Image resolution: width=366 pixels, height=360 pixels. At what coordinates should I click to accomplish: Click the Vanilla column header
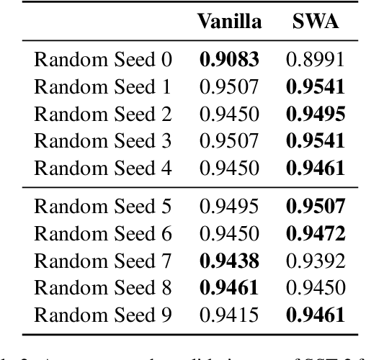[229, 22]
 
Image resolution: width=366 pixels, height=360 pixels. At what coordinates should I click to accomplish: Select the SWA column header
[316, 22]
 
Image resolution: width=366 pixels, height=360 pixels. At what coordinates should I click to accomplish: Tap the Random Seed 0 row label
[103, 60]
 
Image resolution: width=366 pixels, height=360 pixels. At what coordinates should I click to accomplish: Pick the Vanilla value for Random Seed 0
[229, 60]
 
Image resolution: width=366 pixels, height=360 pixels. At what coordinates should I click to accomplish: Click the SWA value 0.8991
[316, 60]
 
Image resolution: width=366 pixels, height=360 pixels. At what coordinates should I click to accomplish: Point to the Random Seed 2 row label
[103, 114]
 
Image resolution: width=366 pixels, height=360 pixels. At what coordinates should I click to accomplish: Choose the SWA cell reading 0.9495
[316, 114]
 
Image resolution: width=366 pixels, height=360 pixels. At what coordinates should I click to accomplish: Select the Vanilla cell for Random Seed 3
[229, 142]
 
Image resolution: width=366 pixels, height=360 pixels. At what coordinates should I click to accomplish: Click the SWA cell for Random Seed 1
[316, 87]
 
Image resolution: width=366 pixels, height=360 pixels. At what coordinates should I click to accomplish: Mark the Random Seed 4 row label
[103, 169]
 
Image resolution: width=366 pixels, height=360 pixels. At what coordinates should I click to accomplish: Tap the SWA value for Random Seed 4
[316, 169]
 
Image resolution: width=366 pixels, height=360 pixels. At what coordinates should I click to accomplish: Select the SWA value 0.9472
[316, 233]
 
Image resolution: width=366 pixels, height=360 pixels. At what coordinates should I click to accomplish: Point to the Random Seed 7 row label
[103, 261]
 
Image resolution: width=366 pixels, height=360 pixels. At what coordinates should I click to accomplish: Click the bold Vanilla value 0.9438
[229, 261]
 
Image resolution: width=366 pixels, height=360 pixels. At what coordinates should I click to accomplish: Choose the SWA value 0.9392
[316, 261]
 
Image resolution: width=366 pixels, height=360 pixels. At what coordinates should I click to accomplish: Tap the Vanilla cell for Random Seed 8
[229, 288]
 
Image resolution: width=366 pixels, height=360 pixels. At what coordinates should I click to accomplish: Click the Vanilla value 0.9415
[229, 315]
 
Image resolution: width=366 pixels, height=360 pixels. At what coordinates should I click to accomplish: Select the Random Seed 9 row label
[103, 315]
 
